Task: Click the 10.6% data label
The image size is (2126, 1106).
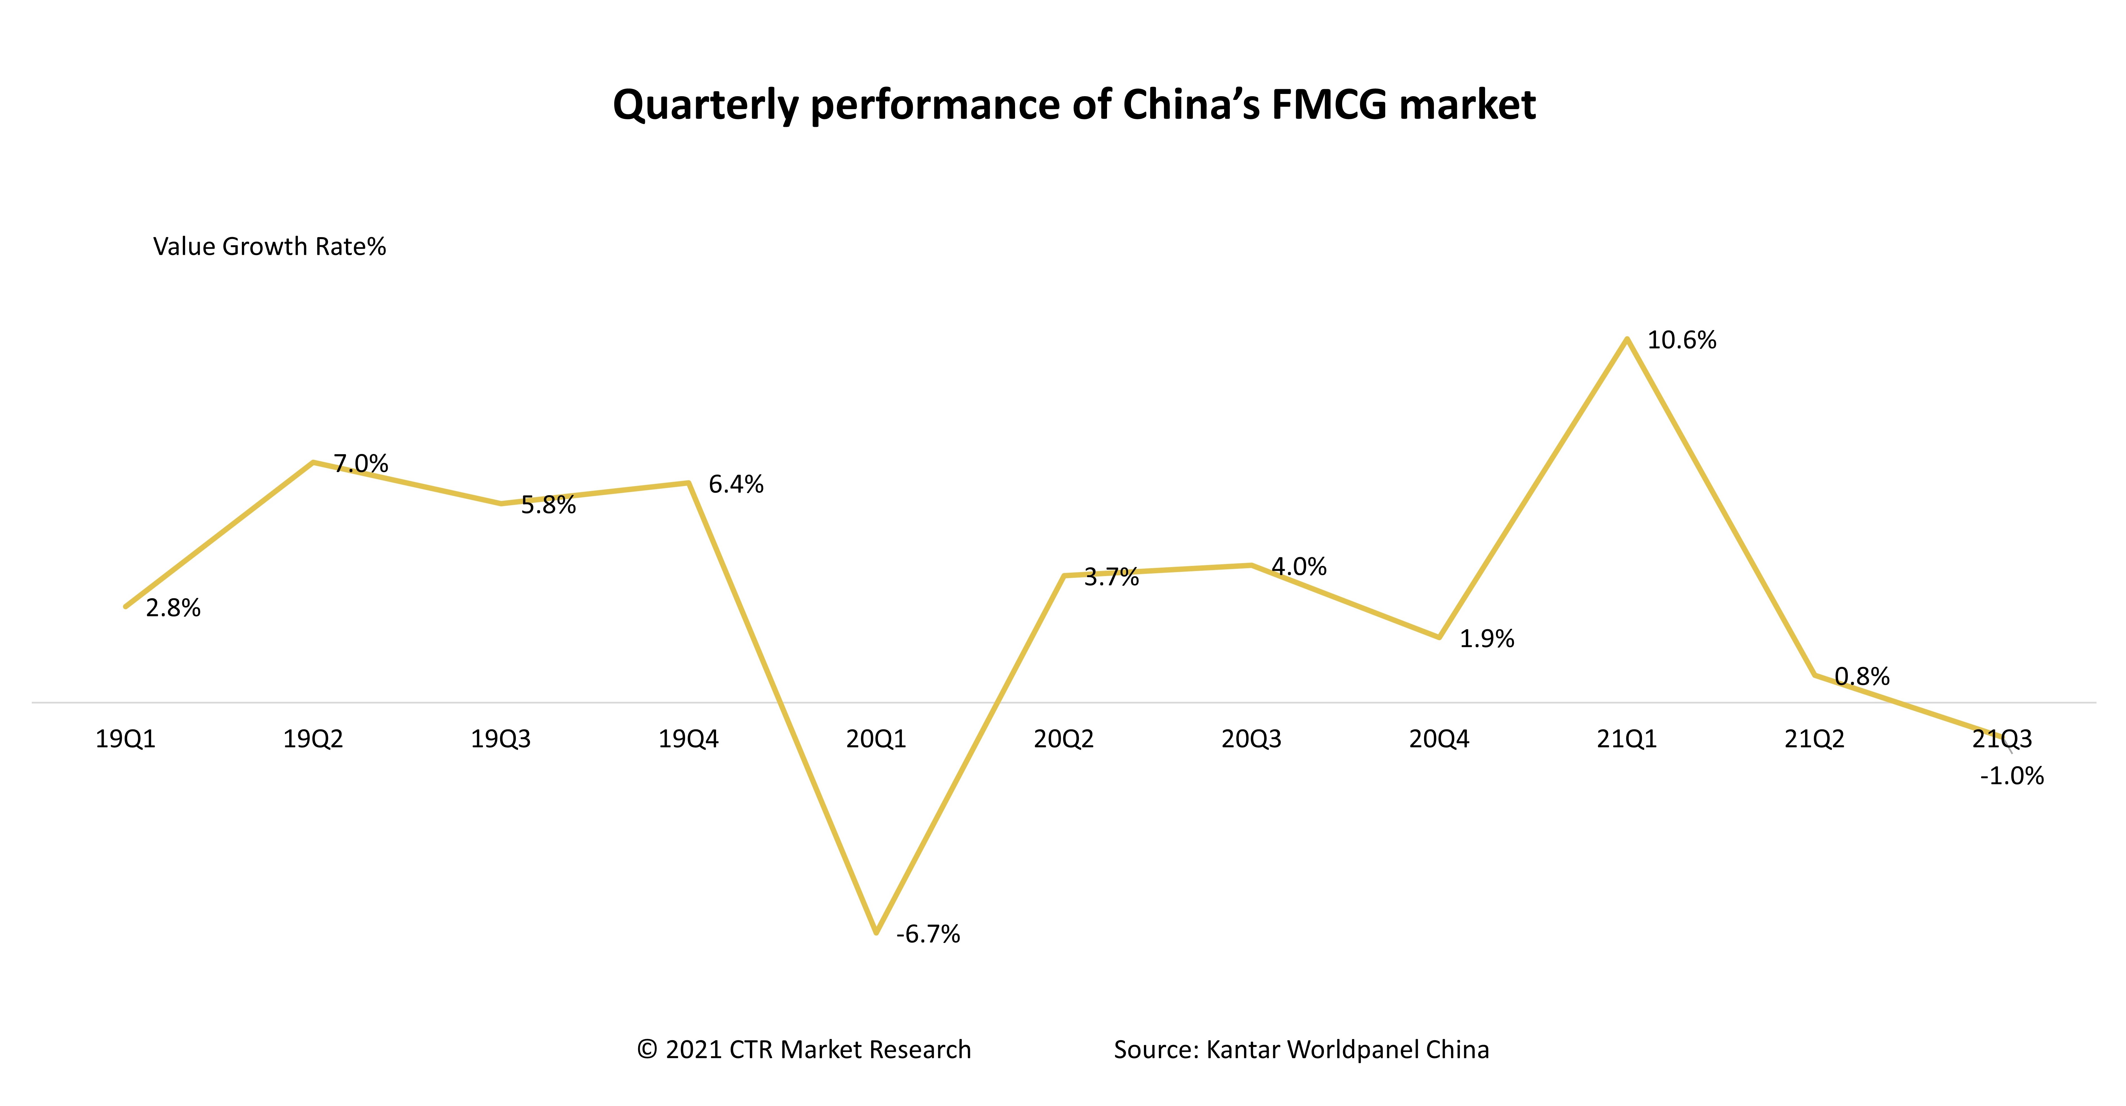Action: (x=1681, y=340)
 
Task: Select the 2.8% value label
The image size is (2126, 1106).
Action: (x=173, y=608)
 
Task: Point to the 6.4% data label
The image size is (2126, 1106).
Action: (x=736, y=484)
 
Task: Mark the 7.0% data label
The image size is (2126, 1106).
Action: (x=361, y=464)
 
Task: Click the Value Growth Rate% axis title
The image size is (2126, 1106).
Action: (x=269, y=247)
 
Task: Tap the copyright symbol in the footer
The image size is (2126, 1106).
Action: (x=647, y=1050)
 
